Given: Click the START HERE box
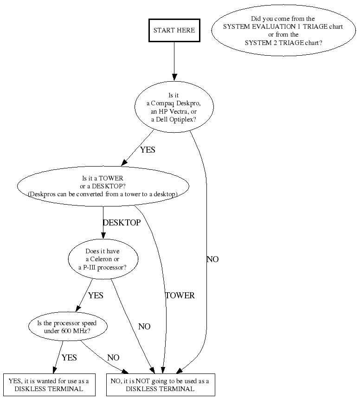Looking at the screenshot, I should (174, 30).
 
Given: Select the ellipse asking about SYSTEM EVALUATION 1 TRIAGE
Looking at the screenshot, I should (283, 31).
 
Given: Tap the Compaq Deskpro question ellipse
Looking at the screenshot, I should (174, 108).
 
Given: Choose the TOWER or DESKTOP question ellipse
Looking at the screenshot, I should (103, 186).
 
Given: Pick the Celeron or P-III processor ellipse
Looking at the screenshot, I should (103, 259).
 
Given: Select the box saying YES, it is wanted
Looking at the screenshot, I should (49, 385).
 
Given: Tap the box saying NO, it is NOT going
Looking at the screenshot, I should (160, 385).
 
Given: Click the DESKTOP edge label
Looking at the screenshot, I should (122, 223).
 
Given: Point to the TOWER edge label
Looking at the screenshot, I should (180, 296).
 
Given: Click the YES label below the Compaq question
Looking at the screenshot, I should (148, 150).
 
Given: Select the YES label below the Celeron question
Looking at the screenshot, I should (96, 296).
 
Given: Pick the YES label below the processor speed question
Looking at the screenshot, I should (69, 358).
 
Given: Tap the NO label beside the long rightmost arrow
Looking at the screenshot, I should (212, 259).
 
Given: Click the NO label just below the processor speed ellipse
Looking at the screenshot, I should (113, 358).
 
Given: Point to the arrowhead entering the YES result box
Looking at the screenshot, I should (55, 370).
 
